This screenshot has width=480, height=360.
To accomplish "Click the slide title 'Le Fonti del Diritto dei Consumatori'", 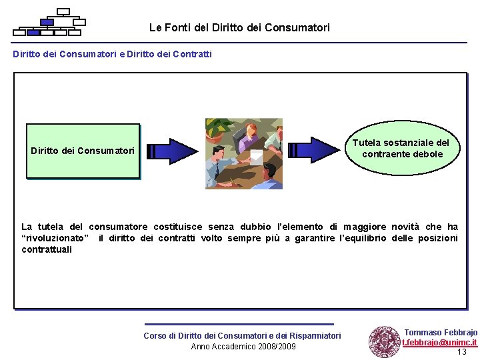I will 239,27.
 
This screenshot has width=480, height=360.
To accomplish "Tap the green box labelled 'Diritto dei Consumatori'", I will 83,151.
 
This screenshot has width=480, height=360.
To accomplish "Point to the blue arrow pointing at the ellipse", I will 313,151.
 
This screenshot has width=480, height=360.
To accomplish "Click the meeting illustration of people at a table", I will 243,153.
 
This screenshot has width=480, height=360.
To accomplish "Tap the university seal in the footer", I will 384,341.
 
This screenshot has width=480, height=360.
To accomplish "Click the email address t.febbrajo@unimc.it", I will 439,343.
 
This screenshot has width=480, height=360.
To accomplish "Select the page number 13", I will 461,352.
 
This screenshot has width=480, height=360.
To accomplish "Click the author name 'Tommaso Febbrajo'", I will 441,332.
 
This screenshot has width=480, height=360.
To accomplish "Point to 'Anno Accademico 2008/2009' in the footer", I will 243,346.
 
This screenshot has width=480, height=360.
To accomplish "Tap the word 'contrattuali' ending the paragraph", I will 47,249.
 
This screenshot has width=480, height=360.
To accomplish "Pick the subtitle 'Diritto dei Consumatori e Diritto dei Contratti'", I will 112,54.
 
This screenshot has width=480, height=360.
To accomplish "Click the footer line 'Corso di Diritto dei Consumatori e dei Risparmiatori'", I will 242,335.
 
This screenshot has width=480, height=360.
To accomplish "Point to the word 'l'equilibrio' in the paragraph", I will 363,238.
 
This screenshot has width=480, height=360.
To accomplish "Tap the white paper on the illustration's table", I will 255,158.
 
